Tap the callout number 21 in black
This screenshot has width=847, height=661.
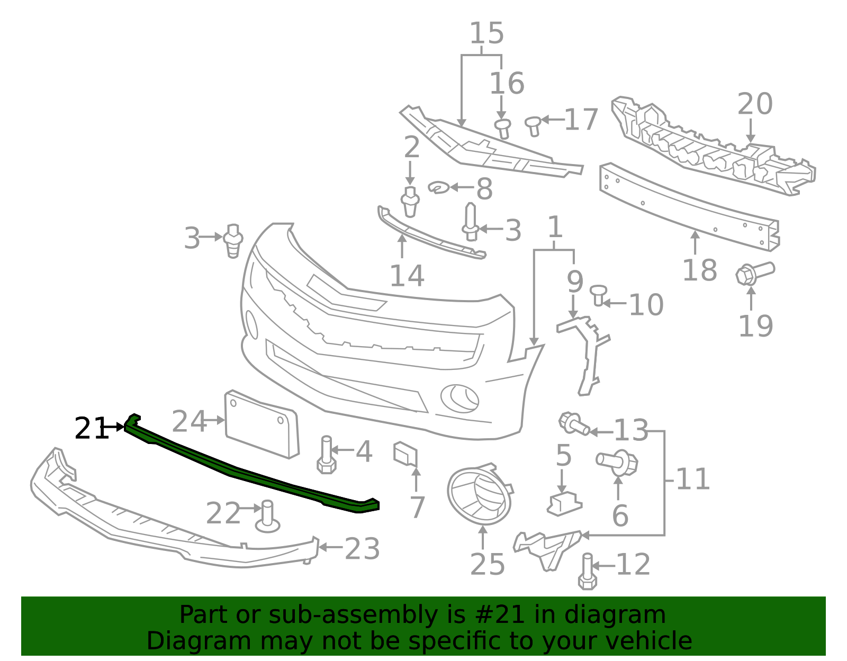point(91,429)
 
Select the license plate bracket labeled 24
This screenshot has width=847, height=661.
point(262,423)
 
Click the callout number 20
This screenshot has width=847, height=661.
point(754,104)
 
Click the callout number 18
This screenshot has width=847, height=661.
point(699,270)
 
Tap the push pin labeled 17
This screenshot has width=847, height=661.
point(533,125)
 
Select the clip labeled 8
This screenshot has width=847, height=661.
point(439,187)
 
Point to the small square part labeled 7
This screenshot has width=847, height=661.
point(405,454)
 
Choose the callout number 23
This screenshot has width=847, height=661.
point(362,549)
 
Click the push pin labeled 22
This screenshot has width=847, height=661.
point(267,517)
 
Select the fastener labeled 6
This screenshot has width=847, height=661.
point(618,463)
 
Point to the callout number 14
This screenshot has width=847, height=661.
point(407,276)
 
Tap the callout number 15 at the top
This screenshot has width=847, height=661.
point(486,33)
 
